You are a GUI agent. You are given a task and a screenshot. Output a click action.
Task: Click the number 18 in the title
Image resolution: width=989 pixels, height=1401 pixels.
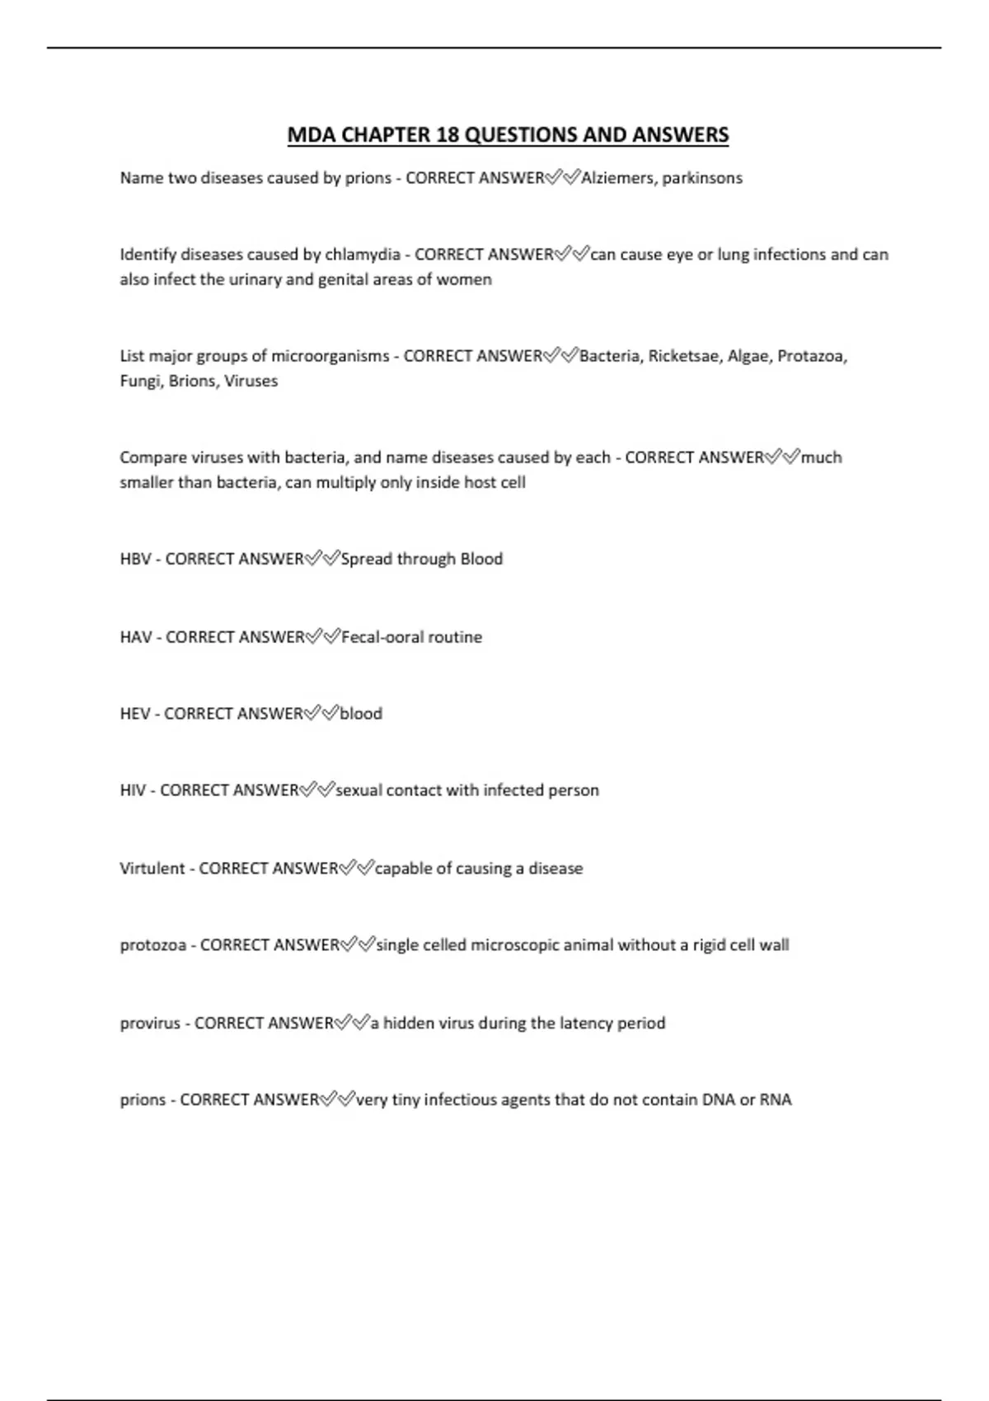coord(448,135)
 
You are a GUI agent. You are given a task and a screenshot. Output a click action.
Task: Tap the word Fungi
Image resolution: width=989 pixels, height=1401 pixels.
coord(139,381)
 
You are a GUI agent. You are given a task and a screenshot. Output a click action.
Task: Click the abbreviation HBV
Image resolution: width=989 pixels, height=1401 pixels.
coord(135,559)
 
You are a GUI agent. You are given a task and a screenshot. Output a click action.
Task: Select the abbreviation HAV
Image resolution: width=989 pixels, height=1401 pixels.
coord(136,637)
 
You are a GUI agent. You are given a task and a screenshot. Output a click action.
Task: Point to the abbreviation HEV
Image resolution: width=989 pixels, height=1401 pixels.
coord(134,714)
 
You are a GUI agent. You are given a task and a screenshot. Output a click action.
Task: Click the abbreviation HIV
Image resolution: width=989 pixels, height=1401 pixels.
coord(133,790)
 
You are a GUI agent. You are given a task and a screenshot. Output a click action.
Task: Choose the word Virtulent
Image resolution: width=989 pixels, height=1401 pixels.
coord(152,869)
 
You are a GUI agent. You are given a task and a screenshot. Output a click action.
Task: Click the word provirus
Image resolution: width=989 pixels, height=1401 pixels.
coord(150,1024)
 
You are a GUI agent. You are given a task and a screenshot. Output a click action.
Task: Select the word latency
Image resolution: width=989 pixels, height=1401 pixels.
coord(586,1024)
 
